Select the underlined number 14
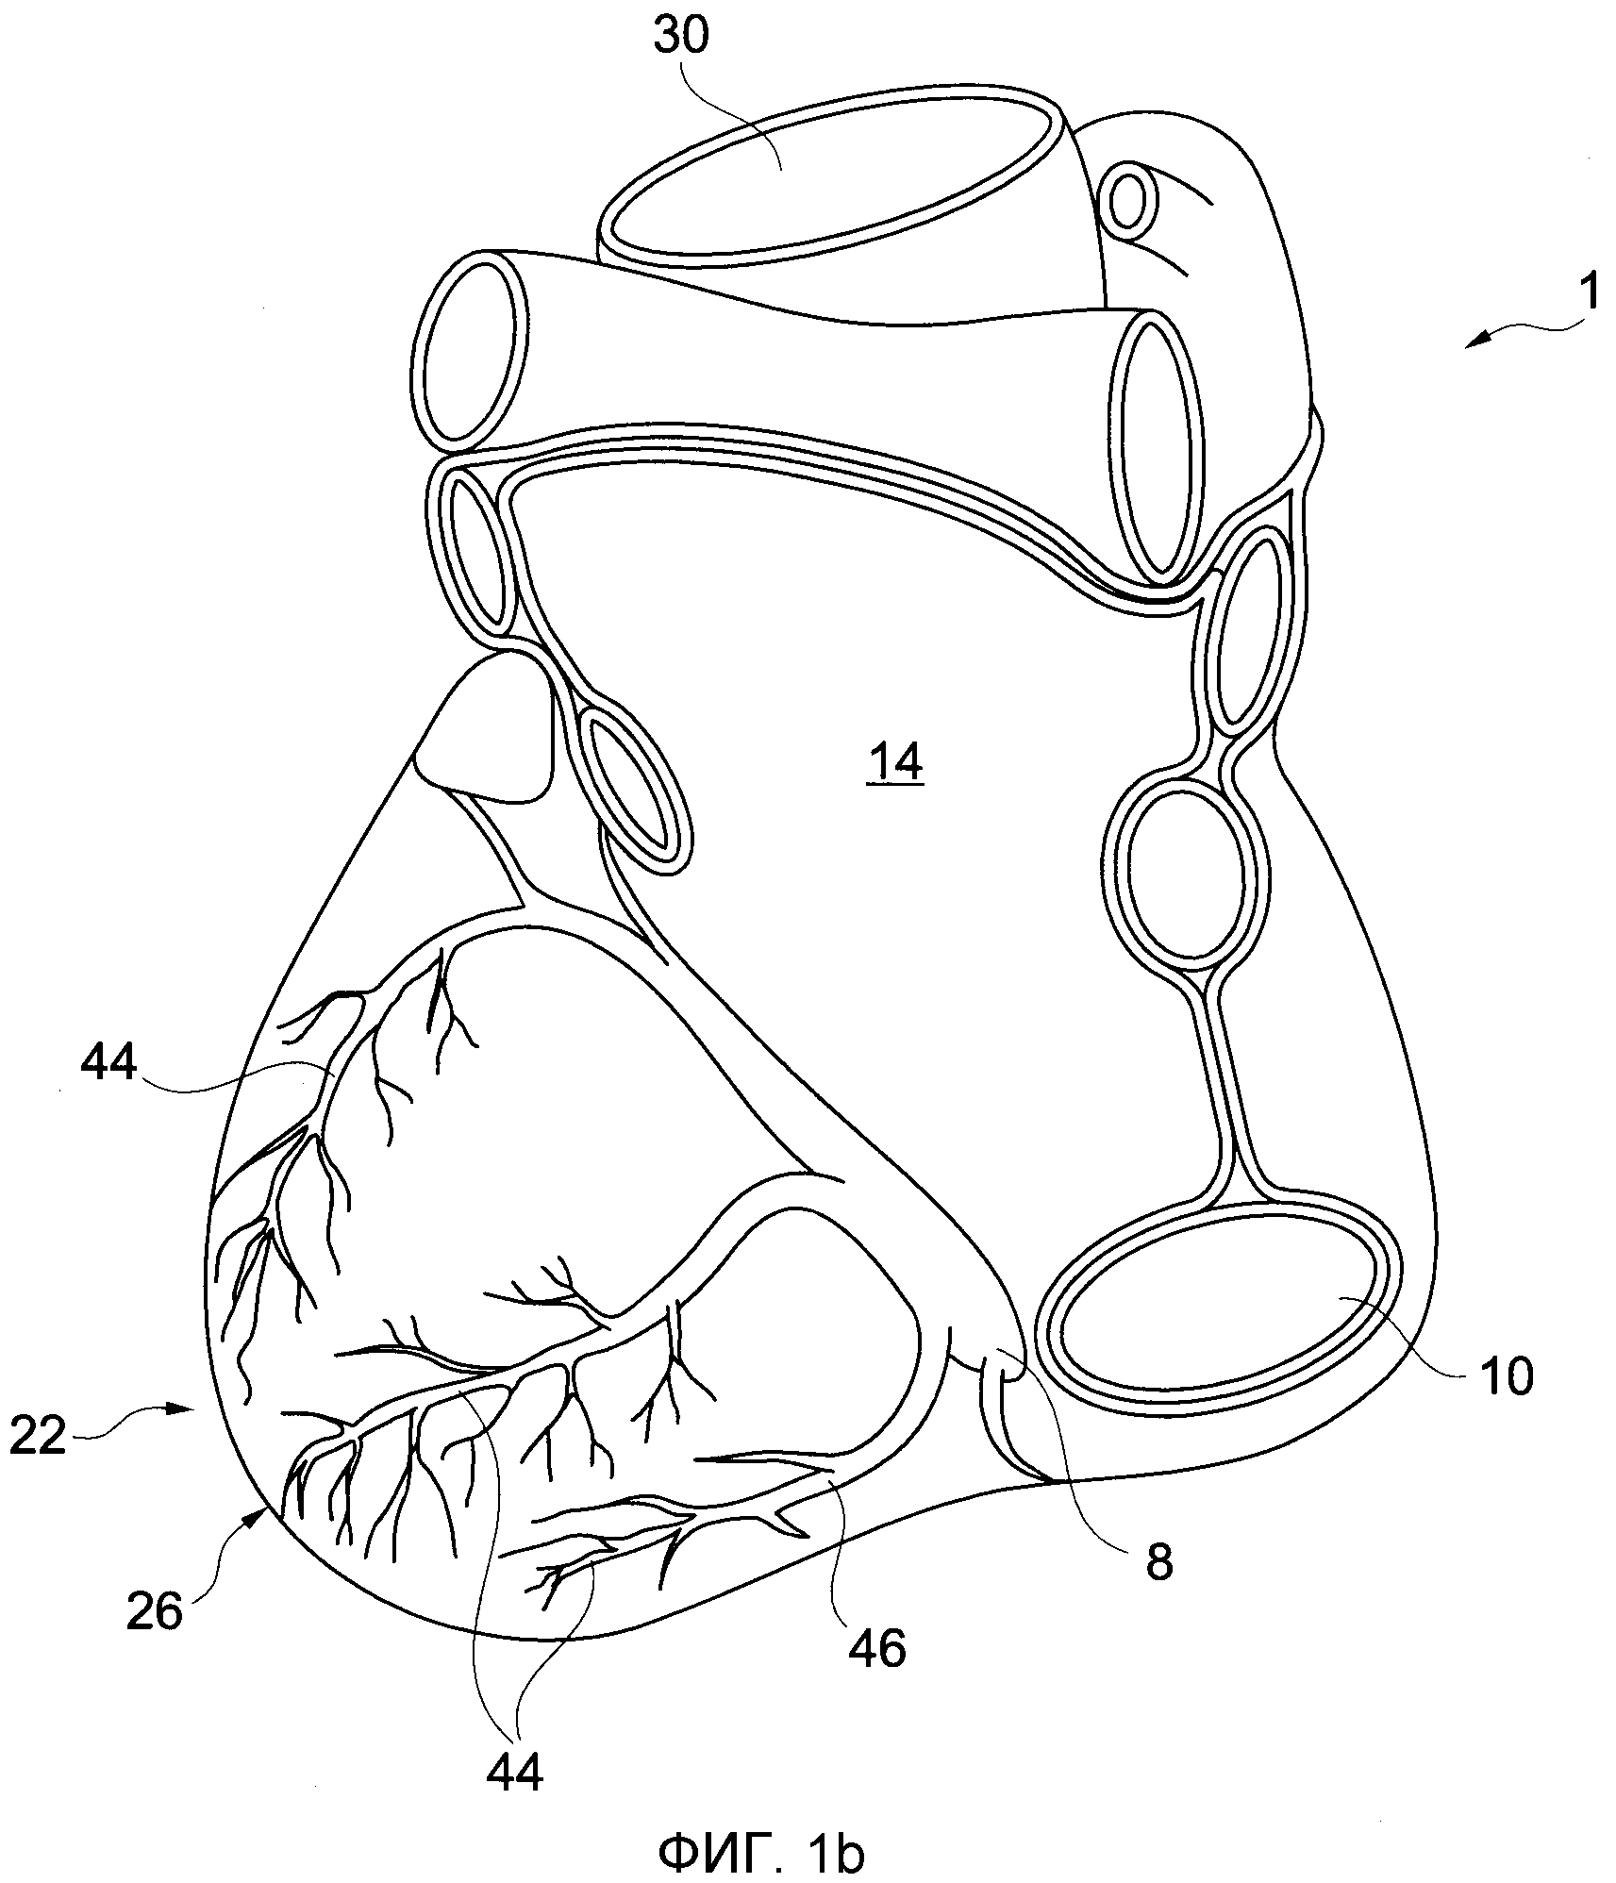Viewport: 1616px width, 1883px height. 898,760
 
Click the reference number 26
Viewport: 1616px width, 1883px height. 156,1611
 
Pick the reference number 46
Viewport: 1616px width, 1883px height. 876,1647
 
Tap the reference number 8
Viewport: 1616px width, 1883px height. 1158,1562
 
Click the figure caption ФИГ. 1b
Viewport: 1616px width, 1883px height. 760,1851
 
